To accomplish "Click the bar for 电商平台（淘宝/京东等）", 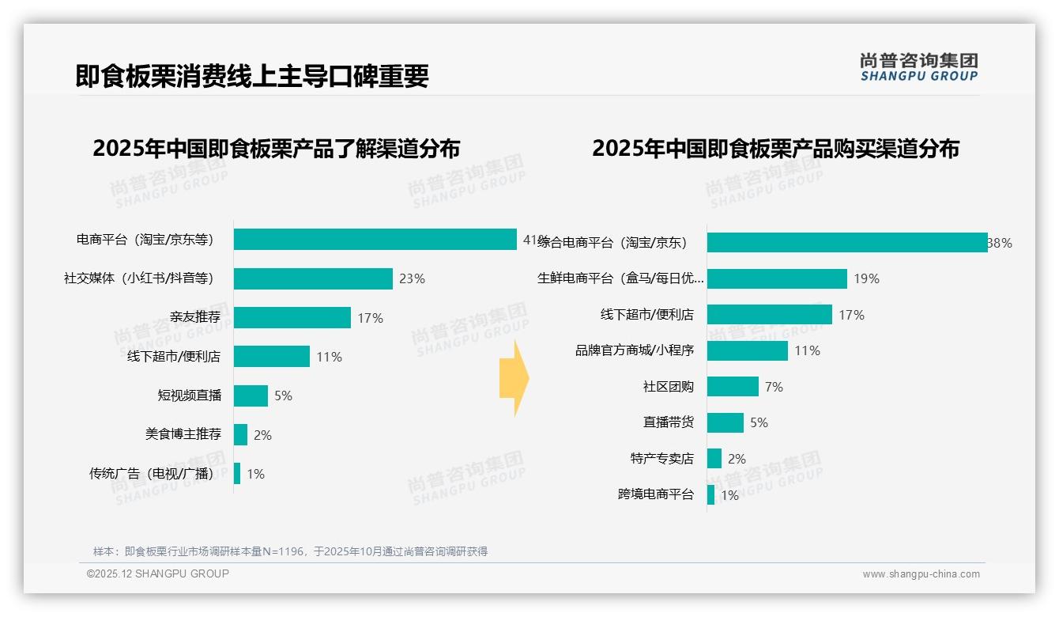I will (x=375, y=240).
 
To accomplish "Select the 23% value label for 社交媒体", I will (x=412, y=278).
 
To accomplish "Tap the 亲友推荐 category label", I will (x=195, y=317).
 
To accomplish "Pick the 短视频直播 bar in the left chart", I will (x=251, y=396).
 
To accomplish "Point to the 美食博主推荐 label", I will (x=183, y=434).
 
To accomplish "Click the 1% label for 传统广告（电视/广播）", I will (x=255, y=474).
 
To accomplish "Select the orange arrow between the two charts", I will (x=514, y=379).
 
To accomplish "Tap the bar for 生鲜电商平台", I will (x=777, y=278).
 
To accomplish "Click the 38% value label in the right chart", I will (x=1001, y=243).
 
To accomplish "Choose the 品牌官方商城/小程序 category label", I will (x=635, y=350).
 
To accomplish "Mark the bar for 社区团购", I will (x=733, y=387).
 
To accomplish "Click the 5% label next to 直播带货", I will (x=759, y=422).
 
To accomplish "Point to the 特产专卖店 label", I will (x=662, y=459).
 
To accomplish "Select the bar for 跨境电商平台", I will (x=710, y=495).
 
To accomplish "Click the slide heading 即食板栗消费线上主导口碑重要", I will (x=252, y=76).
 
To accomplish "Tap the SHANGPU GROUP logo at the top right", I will (x=918, y=67).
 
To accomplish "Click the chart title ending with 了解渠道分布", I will (x=276, y=148).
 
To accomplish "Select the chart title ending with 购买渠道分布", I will (x=775, y=148).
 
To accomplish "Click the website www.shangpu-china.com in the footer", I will (x=921, y=574).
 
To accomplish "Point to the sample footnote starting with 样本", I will (x=290, y=551).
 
